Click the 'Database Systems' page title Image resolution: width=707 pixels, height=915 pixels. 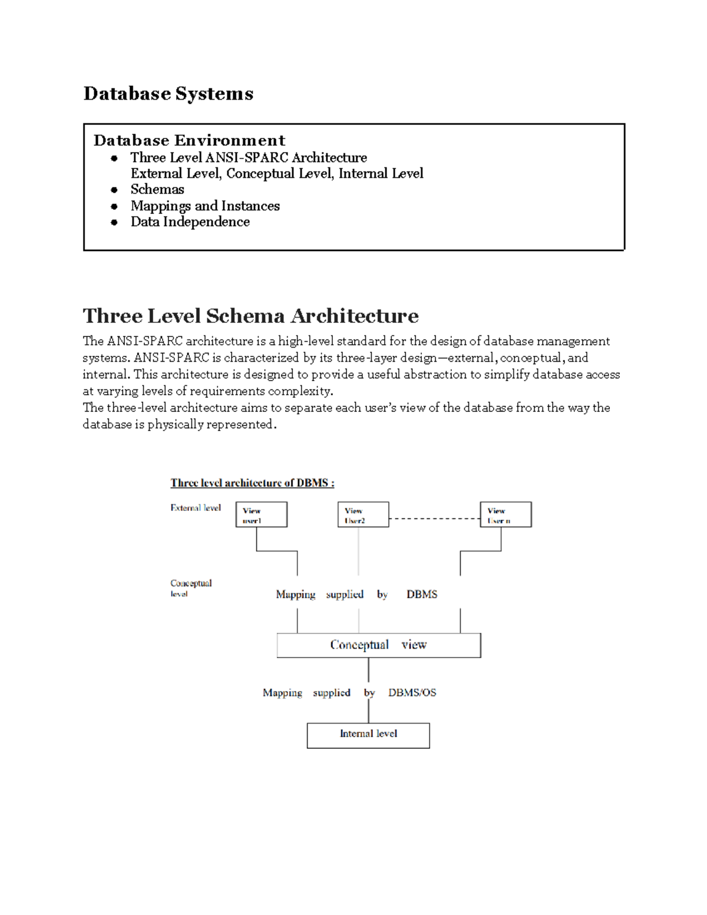168,94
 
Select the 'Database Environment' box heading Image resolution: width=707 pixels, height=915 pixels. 189,140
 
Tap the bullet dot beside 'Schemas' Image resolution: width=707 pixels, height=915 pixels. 114,190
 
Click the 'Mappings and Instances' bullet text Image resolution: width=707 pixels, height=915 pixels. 205,206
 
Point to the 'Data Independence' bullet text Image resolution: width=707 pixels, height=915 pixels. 190,222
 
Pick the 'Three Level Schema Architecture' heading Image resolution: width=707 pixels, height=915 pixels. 250,316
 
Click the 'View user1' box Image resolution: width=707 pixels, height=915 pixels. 261,514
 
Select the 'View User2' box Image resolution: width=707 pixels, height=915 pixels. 363,514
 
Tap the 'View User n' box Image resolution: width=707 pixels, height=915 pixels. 506,514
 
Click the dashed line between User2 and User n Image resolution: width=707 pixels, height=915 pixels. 434,518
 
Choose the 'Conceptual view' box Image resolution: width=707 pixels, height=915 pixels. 378,645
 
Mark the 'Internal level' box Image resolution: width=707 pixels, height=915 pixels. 368,735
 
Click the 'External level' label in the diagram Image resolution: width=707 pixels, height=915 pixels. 195,508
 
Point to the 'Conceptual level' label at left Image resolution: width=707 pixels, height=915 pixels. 190,588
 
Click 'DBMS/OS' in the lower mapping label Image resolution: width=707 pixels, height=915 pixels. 412,693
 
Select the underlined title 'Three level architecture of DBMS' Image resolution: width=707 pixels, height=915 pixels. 252,483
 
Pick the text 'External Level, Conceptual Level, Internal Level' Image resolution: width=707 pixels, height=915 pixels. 277,173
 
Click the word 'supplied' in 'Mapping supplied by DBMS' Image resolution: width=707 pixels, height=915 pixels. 345,594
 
